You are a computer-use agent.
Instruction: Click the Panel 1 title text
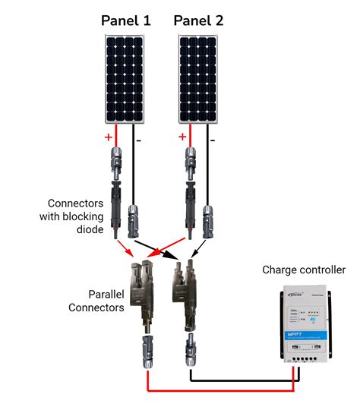point(126,21)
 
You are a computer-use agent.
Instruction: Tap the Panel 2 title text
point(199,21)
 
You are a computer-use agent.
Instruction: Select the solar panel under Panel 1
point(123,81)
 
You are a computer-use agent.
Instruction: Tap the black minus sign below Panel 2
point(213,140)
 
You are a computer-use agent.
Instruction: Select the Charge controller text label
point(304,270)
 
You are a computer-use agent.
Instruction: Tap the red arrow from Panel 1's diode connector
point(124,247)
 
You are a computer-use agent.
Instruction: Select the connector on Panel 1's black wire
point(134,219)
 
